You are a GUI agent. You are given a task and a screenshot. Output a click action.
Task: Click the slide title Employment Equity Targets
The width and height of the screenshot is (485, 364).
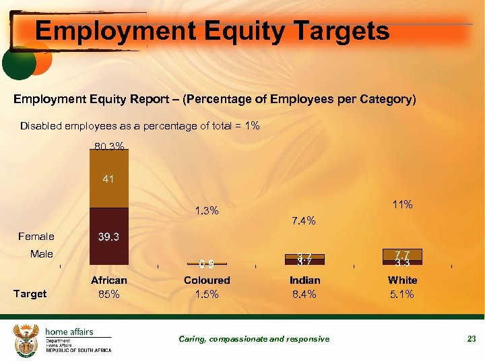(212, 31)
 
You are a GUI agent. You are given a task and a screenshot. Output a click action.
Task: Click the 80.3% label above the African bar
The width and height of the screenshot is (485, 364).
(109, 146)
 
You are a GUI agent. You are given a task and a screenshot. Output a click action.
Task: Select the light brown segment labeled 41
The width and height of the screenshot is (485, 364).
(109, 179)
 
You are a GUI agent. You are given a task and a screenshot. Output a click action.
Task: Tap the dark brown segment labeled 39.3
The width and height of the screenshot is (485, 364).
(109, 237)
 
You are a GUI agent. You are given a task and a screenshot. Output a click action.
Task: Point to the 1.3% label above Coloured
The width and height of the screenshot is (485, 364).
(207, 211)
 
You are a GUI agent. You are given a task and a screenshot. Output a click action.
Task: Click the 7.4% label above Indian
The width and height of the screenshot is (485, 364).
(304, 220)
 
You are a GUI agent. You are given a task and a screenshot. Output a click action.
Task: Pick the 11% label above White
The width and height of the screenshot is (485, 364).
(402, 204)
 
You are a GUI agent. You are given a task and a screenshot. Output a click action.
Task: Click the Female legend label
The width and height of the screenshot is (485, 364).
(36, 237)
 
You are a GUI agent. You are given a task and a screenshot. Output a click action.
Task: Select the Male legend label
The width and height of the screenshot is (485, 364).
(41, 254)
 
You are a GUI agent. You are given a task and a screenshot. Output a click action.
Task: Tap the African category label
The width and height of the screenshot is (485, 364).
(109, 280)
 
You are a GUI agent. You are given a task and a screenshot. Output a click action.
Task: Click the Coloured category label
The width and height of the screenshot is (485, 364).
(207, 280)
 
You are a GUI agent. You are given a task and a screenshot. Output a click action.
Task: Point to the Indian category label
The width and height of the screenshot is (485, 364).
(304, 280)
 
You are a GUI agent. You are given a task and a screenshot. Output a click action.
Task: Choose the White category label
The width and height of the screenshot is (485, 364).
(402, 280)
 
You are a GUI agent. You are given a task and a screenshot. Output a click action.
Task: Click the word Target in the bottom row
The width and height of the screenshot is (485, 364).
(30, 294)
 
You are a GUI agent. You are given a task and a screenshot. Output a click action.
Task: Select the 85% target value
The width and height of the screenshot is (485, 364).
(109, 295)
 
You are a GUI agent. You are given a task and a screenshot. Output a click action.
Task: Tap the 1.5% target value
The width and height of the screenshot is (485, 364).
(207, 295)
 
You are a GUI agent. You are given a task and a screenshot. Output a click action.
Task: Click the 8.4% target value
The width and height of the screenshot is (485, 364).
(304, 295)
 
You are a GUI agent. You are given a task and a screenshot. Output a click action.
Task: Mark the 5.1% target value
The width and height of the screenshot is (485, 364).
(402, 295)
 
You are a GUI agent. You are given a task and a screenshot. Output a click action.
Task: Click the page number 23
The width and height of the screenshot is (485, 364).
(472, 339)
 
